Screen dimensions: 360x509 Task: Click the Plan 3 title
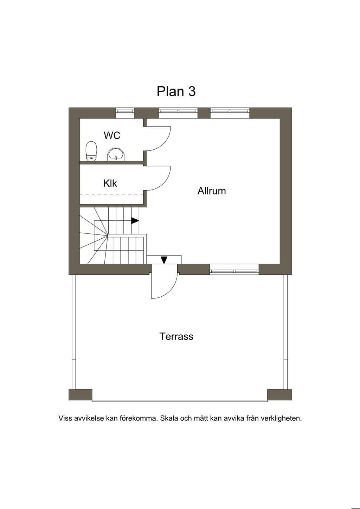[176, 91]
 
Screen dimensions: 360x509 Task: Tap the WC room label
[112, 135]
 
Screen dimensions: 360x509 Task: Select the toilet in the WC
[91, 151]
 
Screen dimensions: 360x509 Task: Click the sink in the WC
[116, 154]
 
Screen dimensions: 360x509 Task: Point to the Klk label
[110, 183]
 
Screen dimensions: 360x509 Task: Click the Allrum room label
[212, 191]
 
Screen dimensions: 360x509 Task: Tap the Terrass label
[176, 336]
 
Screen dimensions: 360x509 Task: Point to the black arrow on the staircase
[135, 221]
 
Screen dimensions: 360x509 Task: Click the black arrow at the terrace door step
[164, 260]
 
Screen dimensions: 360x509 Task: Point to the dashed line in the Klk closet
[111, 195]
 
